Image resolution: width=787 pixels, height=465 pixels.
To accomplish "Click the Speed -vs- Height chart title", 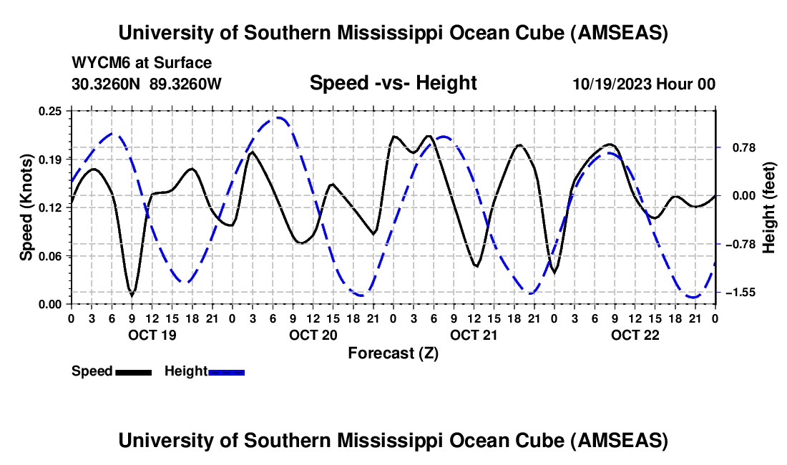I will [393, 83].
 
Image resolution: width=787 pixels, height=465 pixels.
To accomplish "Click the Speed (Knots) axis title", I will [26, 207].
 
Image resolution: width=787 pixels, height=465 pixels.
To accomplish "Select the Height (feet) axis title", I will [769, 207].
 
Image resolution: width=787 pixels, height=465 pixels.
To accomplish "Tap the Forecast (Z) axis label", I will [393, 353].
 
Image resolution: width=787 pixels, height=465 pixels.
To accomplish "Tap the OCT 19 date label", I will [150, 335].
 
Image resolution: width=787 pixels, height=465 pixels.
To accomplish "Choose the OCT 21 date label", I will [474, 335].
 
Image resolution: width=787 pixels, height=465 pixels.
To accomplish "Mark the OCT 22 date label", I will [635, 335].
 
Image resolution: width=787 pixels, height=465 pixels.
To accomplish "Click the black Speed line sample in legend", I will [133, 372].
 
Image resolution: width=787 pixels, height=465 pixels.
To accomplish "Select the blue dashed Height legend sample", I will [227, 372].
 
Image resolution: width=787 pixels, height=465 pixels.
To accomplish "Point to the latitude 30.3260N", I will [107, 84].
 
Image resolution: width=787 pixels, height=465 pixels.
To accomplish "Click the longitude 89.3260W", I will [186, 84].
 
